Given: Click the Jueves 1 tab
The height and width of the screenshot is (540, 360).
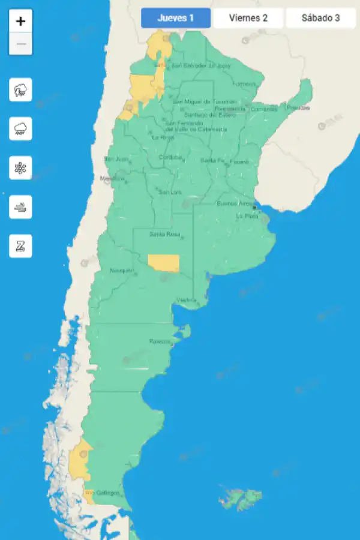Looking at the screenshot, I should coord(176,18).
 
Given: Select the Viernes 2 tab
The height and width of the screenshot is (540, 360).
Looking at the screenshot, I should coord(248,18).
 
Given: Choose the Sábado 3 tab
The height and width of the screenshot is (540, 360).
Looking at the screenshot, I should coord(320,18).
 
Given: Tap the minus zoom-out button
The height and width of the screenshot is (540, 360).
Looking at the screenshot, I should coord(21,44).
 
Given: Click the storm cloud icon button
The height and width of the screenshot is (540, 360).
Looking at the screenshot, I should coord(20,90).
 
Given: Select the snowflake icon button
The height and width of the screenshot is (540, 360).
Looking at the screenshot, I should coord(20,168).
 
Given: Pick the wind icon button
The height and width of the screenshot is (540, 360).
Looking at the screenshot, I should coord(20,207).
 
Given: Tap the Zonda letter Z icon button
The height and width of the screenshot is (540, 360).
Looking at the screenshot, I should coord(20,246).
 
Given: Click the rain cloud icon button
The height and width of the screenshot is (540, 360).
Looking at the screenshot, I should coord(20,129).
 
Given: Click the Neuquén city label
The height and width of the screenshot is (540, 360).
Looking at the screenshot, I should coord(122,271).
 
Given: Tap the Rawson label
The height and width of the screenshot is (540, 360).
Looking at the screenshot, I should coord(160,342).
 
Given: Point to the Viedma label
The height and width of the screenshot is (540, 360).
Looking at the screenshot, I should coord(187,300).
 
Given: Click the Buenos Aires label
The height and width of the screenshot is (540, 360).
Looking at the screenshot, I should coord(235,203).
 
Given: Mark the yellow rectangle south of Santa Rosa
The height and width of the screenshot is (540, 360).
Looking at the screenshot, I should coord(163,263).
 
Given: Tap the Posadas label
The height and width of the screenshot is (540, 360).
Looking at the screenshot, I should coord(298,108).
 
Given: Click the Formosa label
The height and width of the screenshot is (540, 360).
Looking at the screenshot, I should coord(244,84).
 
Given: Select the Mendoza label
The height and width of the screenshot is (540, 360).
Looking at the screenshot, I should coord(112,178).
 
